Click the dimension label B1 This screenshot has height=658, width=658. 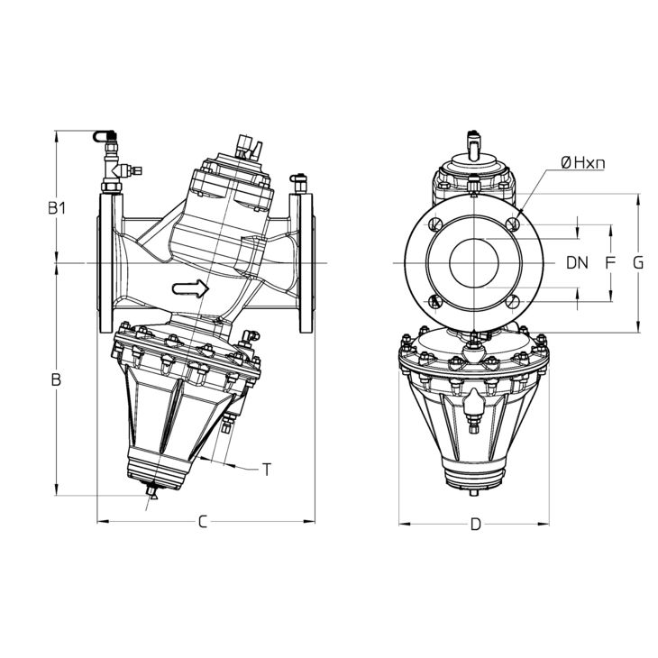(59, 208)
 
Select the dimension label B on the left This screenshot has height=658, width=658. (56, 380)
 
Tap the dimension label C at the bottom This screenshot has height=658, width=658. (204, 522)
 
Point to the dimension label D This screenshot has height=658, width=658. (475, 525)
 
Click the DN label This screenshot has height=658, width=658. (577, 263)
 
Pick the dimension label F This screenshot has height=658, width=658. (610, 263)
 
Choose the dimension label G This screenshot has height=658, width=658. (638, 263)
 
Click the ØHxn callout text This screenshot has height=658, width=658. (581, 162)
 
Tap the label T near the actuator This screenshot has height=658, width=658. (267, 469)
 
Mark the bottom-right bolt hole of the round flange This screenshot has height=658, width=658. (513, 302)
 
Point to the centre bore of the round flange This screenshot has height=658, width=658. (474, 263)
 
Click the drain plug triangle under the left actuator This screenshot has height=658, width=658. (153, 494)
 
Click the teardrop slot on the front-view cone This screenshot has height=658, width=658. (474, 401)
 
